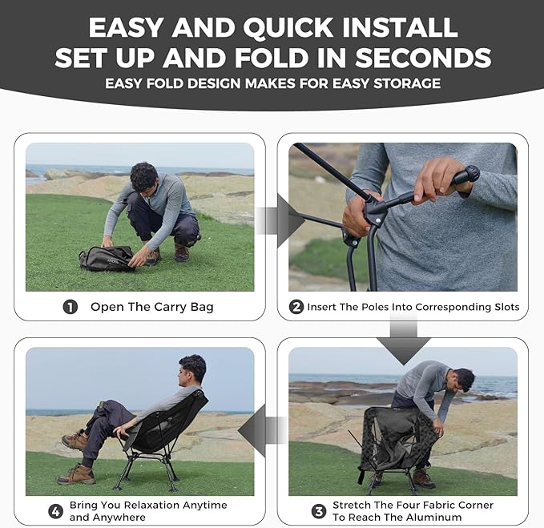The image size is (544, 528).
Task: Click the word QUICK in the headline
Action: click(x=288, y=28)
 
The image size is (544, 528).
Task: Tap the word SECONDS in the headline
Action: click(x=423, y=58)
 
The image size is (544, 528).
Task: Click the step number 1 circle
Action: click(x=71, y=307)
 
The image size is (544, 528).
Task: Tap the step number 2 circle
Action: click(x=296, y=307)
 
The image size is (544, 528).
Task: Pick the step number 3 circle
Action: click(x=319, y=511)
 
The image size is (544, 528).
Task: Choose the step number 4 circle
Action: click(x=55, y=511)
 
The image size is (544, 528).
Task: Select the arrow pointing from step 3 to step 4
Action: click(x=262, y=430)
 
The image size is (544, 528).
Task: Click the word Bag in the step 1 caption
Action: click(x=202, y=308)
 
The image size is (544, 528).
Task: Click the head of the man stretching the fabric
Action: click(x=464, y=380)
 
